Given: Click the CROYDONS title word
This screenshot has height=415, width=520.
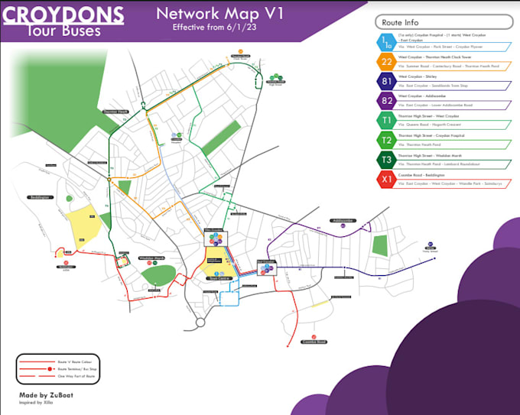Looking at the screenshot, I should click(65, 14).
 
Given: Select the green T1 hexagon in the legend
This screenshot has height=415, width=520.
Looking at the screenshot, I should click(386, 121).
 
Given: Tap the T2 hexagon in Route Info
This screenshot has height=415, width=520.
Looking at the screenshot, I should click(386, 140).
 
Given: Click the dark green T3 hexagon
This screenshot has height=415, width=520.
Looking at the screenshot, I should click(386, 160).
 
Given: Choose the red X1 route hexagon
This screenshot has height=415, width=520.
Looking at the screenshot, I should click(386, 180).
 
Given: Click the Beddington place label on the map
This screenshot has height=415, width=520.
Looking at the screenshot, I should click(40, 196).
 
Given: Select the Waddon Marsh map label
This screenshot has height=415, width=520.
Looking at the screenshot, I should click(151, 258).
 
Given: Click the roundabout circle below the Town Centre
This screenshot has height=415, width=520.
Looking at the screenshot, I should click(201, 323).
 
